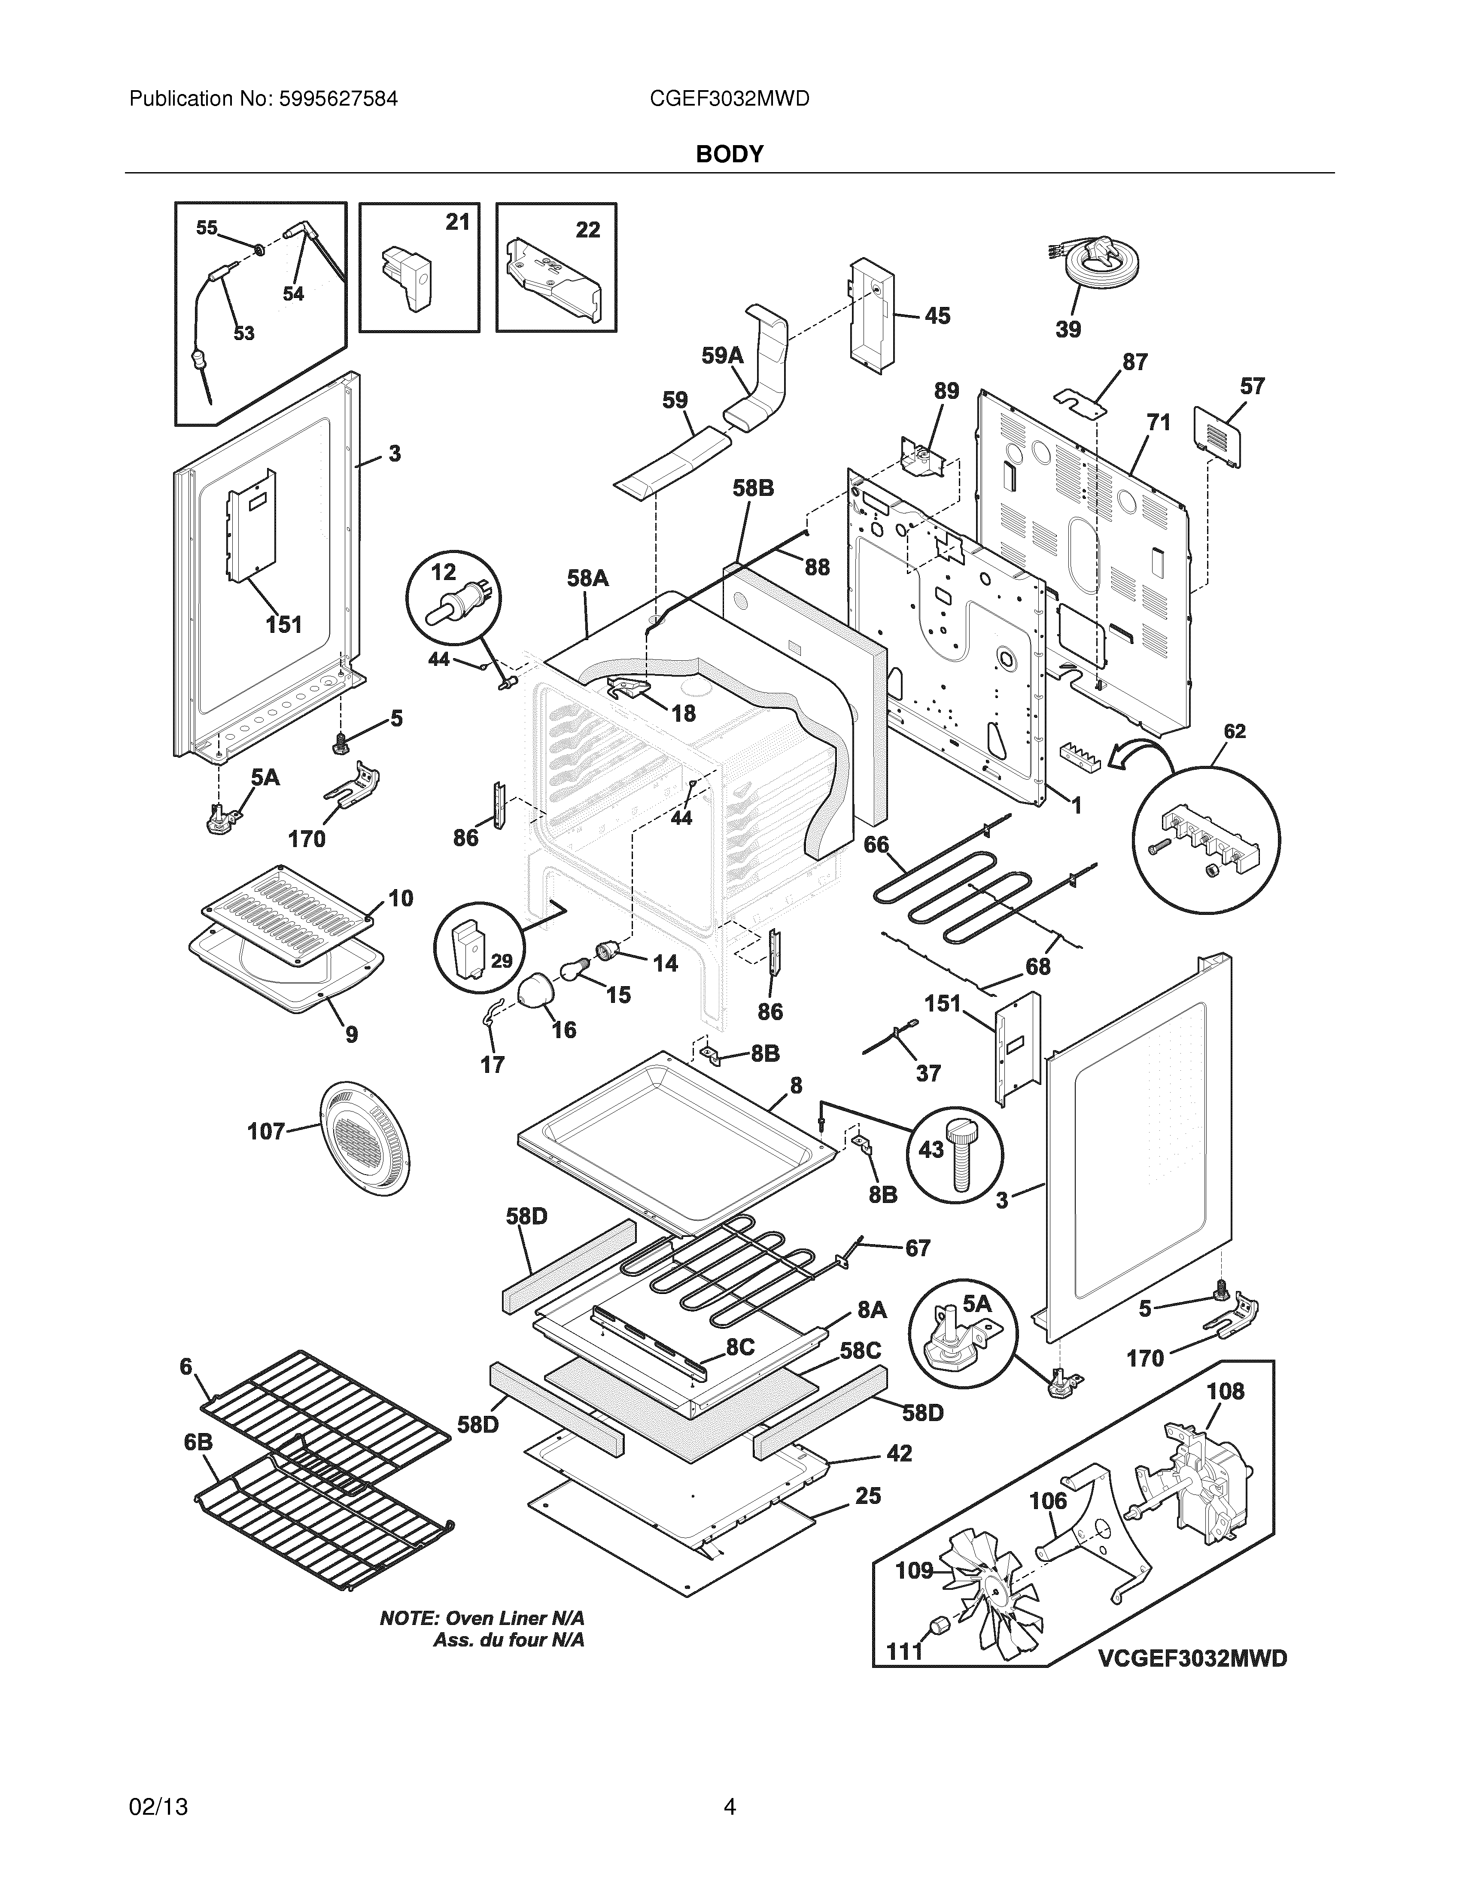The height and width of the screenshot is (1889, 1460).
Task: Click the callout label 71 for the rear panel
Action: [x=1158, y=422]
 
